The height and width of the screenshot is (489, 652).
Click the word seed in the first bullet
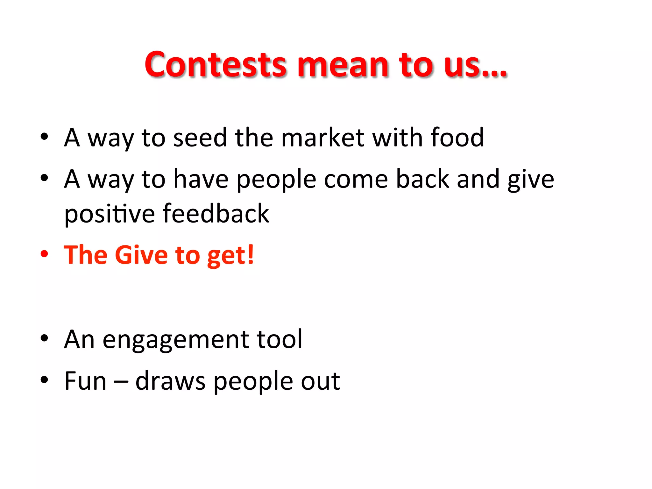200,138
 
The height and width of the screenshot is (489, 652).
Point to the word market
322,138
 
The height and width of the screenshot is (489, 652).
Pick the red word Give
141,255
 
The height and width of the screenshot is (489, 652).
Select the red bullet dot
44,254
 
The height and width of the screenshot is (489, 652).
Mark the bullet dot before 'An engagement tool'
44,338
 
